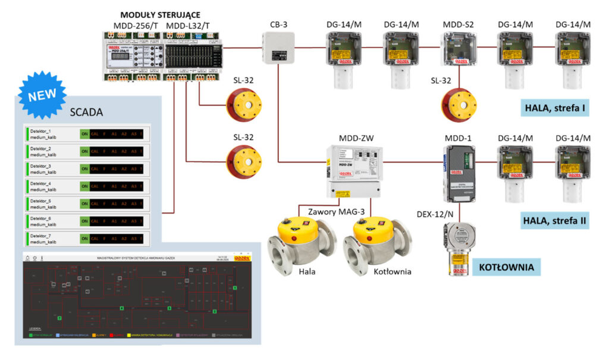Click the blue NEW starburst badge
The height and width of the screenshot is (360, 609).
(x=42, y=94)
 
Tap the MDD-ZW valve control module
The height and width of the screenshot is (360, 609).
(x=355, y=170)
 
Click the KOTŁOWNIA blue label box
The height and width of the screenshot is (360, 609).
(x=506, y=267)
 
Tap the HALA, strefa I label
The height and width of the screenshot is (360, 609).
(x=555, y=108)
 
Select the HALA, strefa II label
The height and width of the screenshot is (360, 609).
(x=555, y=220)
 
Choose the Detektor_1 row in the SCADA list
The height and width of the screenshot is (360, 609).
(x=86, y=133)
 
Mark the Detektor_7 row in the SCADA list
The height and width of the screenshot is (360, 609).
(x=86, y=239)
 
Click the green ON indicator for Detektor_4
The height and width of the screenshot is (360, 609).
(x=84, y=187)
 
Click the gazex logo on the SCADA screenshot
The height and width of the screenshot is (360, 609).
(x=241, y=258)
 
